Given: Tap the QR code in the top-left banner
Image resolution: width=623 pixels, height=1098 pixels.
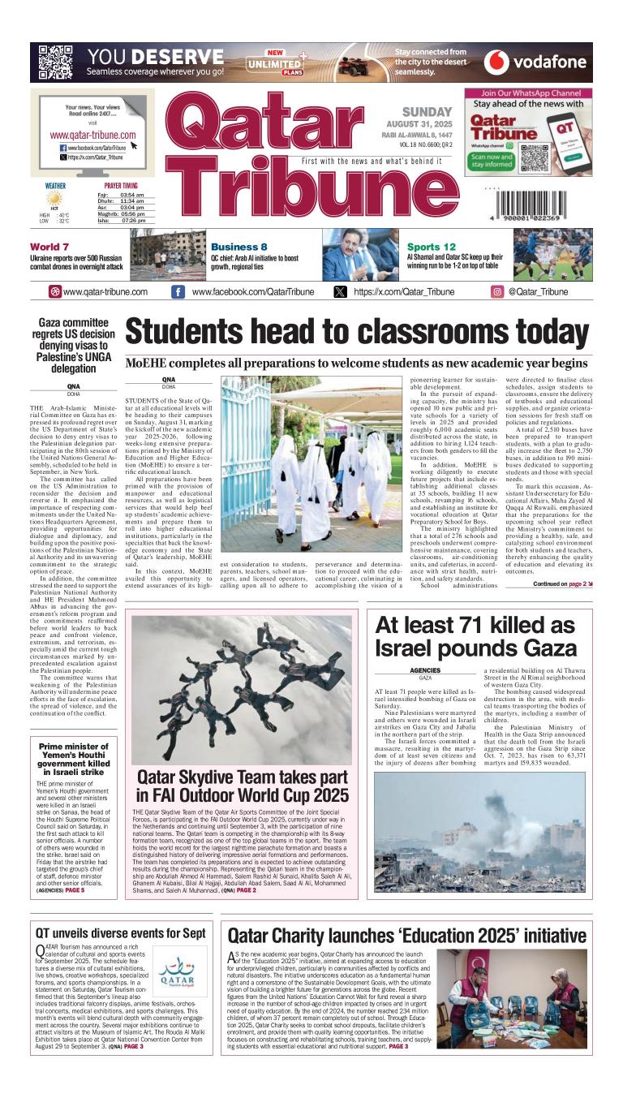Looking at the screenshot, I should click(55, 62).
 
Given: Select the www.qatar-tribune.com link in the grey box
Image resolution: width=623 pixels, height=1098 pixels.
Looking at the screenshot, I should click(92, 135).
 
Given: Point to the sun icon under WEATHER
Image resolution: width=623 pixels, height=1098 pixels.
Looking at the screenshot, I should click(55, 198).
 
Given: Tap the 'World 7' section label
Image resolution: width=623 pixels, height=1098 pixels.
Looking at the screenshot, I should click(49, 247).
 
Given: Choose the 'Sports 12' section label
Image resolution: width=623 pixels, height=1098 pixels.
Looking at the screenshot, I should click(431, 247).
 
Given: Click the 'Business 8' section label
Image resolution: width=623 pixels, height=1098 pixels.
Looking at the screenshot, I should click(238, 247).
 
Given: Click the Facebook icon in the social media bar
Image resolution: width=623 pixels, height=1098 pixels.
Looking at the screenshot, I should click(178, 292).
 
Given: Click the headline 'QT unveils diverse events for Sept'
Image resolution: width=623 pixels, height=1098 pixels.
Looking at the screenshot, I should click(120, 933).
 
